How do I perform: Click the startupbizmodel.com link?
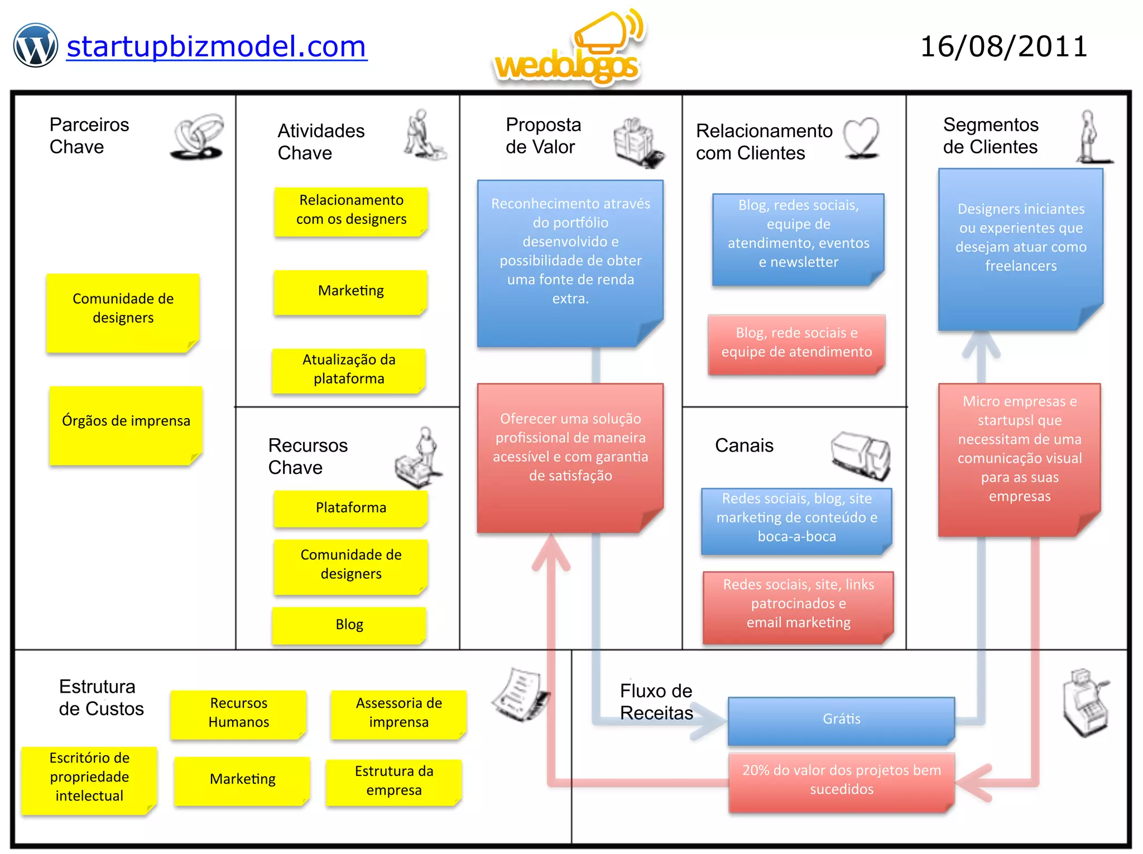217,47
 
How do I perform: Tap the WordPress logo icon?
35,46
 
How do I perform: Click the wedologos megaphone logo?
569,50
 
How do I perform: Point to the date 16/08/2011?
1003,47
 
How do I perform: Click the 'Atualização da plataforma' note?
349,370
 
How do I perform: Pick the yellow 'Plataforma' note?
350,508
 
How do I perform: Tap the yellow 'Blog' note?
349,625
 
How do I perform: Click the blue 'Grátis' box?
841,719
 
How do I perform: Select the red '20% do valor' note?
841,780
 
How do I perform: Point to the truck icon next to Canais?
861,455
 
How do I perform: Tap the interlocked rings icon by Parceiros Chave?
198,137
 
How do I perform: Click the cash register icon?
1086,702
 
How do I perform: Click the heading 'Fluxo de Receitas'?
656,702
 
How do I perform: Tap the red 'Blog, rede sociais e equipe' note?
796,343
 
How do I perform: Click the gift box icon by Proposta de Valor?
638,142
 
